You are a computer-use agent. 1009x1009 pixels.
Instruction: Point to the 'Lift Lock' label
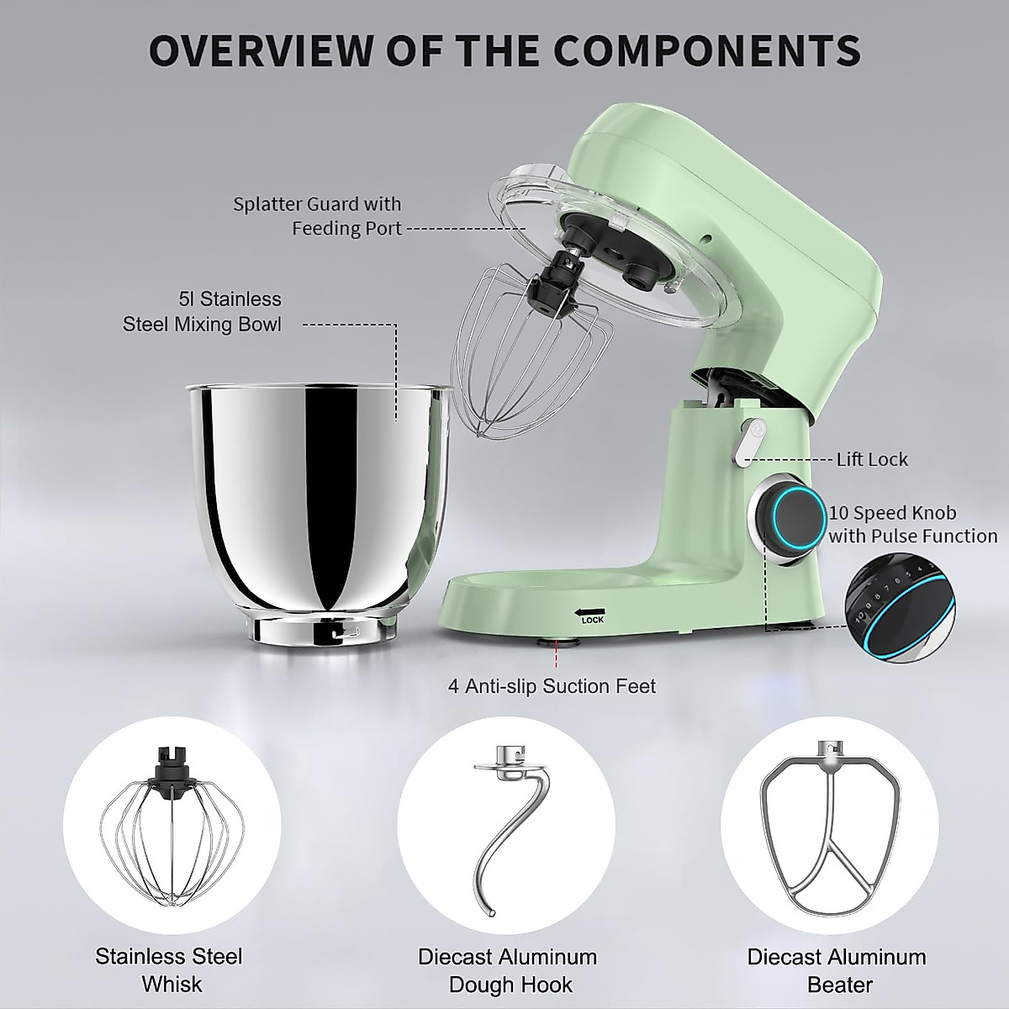[872, 459]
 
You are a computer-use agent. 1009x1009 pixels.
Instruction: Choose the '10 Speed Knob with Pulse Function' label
[913, 524]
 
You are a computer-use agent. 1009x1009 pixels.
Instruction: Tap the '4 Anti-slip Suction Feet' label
[552, 686]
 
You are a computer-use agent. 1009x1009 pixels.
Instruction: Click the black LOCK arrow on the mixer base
[590, 612]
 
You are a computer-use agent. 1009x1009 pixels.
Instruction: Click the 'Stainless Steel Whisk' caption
[169, 969]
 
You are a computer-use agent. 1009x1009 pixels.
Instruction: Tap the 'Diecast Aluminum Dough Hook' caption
[508, 970]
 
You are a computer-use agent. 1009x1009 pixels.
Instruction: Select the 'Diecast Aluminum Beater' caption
[837, 970]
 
